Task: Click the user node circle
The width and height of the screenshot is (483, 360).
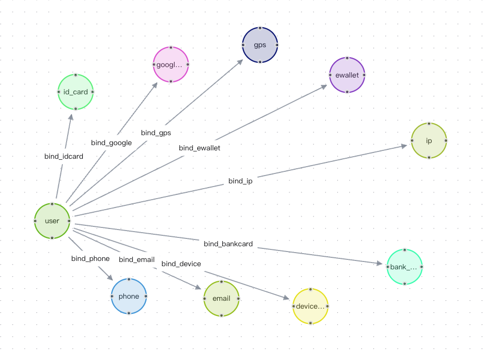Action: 52,221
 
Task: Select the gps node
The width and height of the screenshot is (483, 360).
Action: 260,45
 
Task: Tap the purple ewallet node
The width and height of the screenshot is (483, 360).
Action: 347,75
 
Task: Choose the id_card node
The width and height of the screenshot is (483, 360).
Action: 76,92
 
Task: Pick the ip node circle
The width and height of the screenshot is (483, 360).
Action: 428,140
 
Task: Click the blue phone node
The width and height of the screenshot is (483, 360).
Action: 128,296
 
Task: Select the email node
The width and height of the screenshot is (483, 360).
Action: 221,298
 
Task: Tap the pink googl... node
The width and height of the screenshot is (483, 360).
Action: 170,65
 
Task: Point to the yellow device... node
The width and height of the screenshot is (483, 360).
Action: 310,306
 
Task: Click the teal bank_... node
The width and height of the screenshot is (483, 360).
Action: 404,267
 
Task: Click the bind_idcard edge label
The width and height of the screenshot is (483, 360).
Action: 63,156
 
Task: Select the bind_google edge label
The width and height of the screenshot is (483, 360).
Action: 111,143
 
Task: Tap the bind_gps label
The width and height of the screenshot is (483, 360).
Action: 156,133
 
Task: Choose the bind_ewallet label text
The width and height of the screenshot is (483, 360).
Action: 199,148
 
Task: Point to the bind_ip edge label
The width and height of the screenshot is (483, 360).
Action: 240,181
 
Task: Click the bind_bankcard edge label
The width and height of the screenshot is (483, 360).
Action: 228,244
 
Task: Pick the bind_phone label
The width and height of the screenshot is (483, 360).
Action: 90,258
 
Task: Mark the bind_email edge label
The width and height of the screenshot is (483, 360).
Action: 136,259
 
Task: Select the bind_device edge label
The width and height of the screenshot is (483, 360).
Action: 181,264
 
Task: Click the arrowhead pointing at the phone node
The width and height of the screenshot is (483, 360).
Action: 109,277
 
